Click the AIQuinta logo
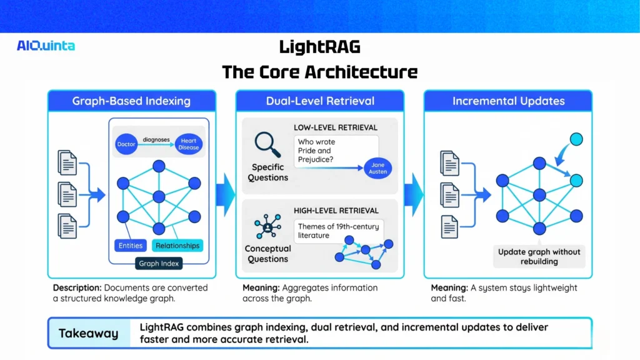click(x=46, y=46)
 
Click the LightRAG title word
click(x=319, y=47)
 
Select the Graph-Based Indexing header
click(x=131, y=101)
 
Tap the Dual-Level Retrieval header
click(x=320, y=101)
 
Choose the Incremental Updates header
click(x=508, y=101)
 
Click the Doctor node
click(x=126, y=144)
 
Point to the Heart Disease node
click(x=188, y=144)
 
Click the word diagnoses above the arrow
click(x=156, y=139)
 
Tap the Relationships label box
click(x=177, y=246)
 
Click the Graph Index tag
click(x=159, y=263)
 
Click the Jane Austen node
click(x=377, y=167)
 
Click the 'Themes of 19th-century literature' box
click(x=338, y=231)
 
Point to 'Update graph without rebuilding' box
click(x=539, y=256)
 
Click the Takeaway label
click(x=88, y=333)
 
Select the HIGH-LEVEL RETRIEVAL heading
click(x=336, y=211)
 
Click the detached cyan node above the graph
click(x=576, y=139)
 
